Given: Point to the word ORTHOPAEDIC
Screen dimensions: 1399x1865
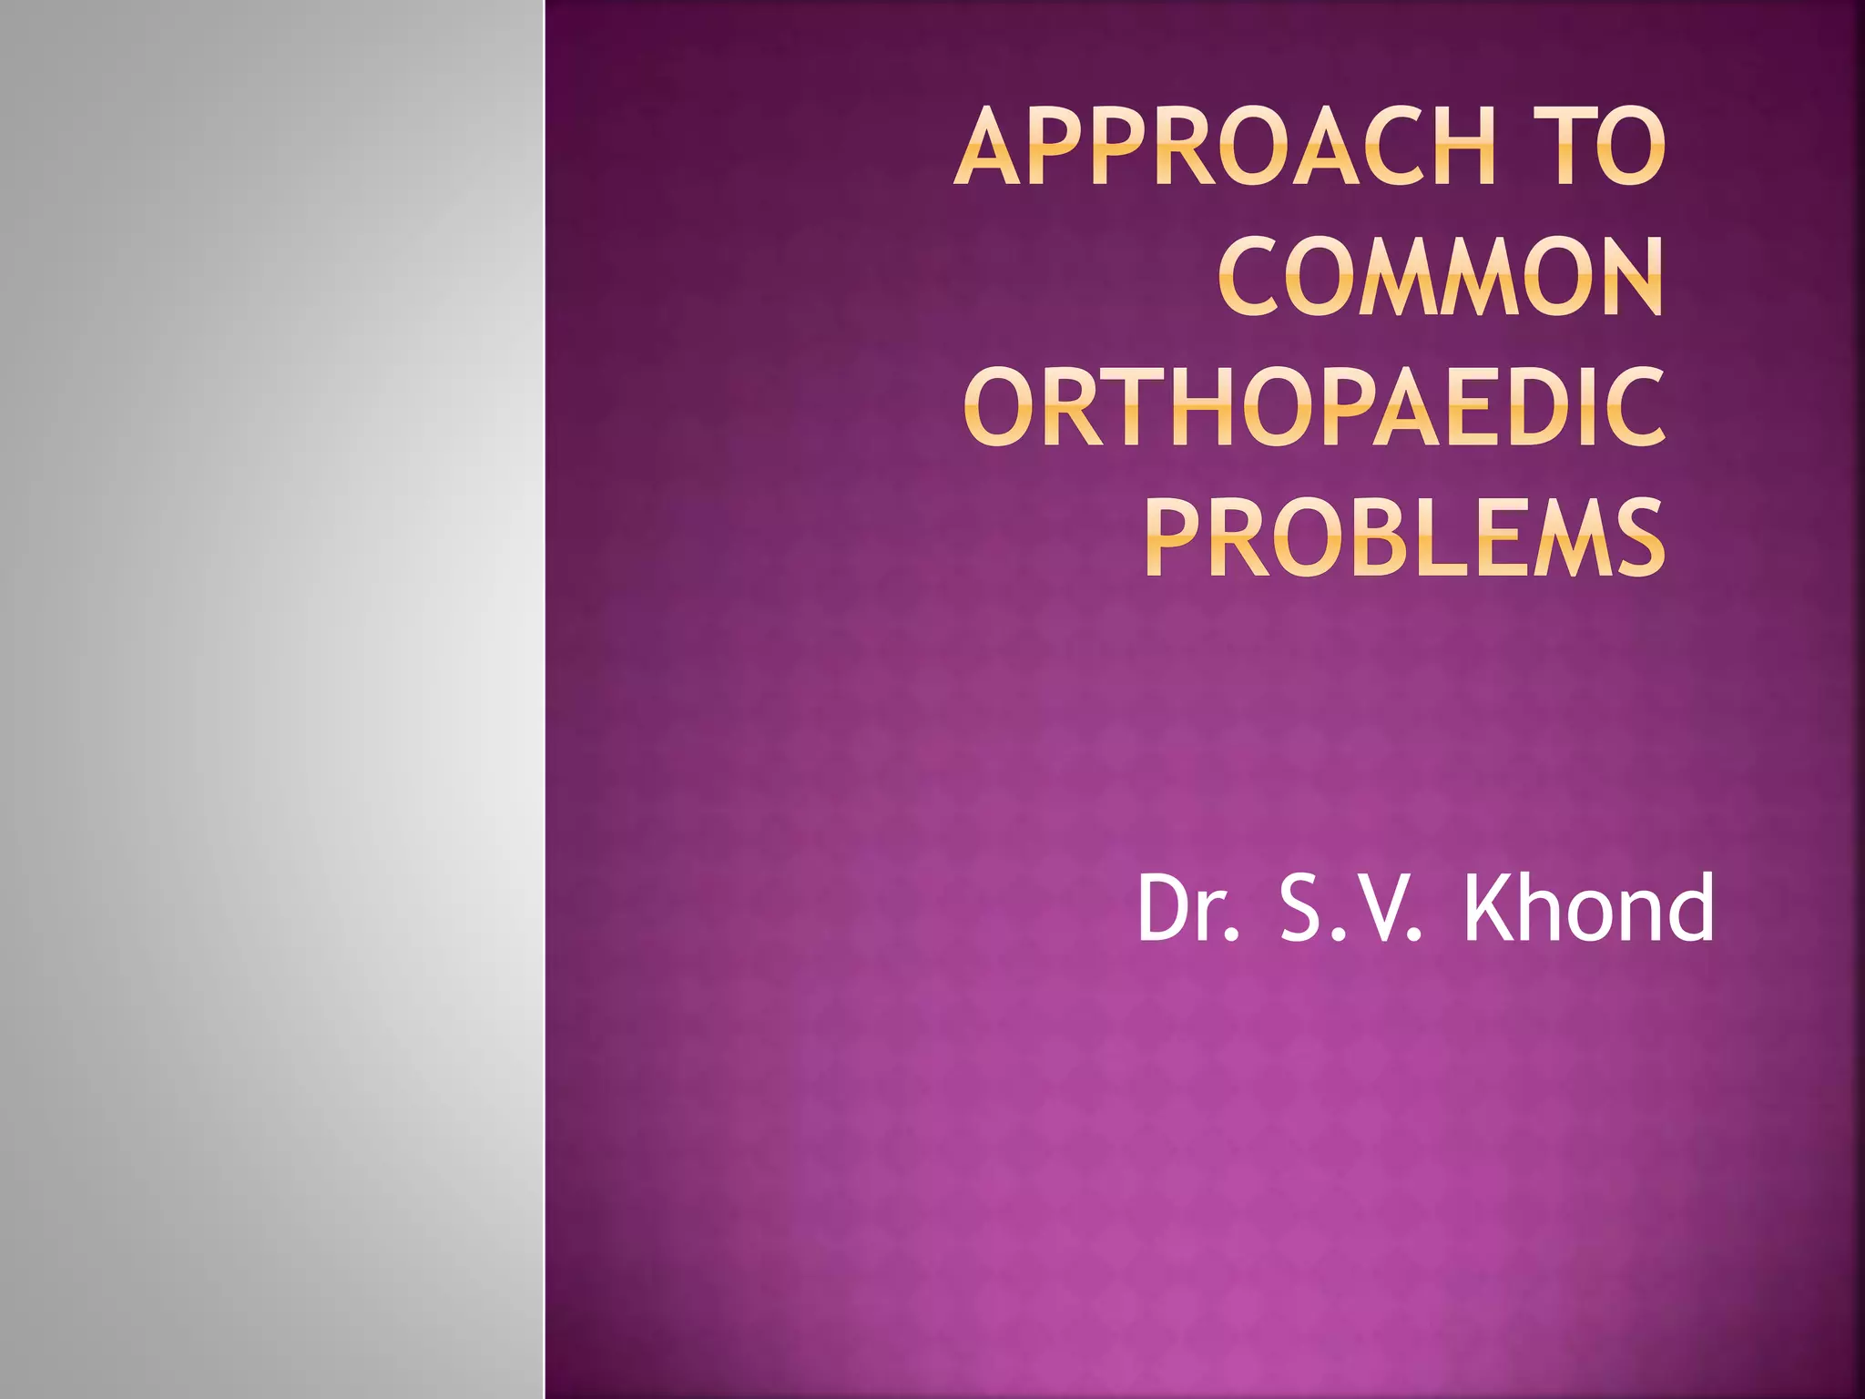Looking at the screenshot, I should pyautogui.click(x=1315, y=407).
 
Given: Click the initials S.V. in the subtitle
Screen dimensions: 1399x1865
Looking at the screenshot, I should pyautogui.click(x=1350, y=908).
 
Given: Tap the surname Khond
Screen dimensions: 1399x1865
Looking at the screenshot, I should pyautogui.click(x=1589, y=908).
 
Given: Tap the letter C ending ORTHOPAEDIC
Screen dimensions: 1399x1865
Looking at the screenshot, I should pyautogui.click(x=1634, y=407).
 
